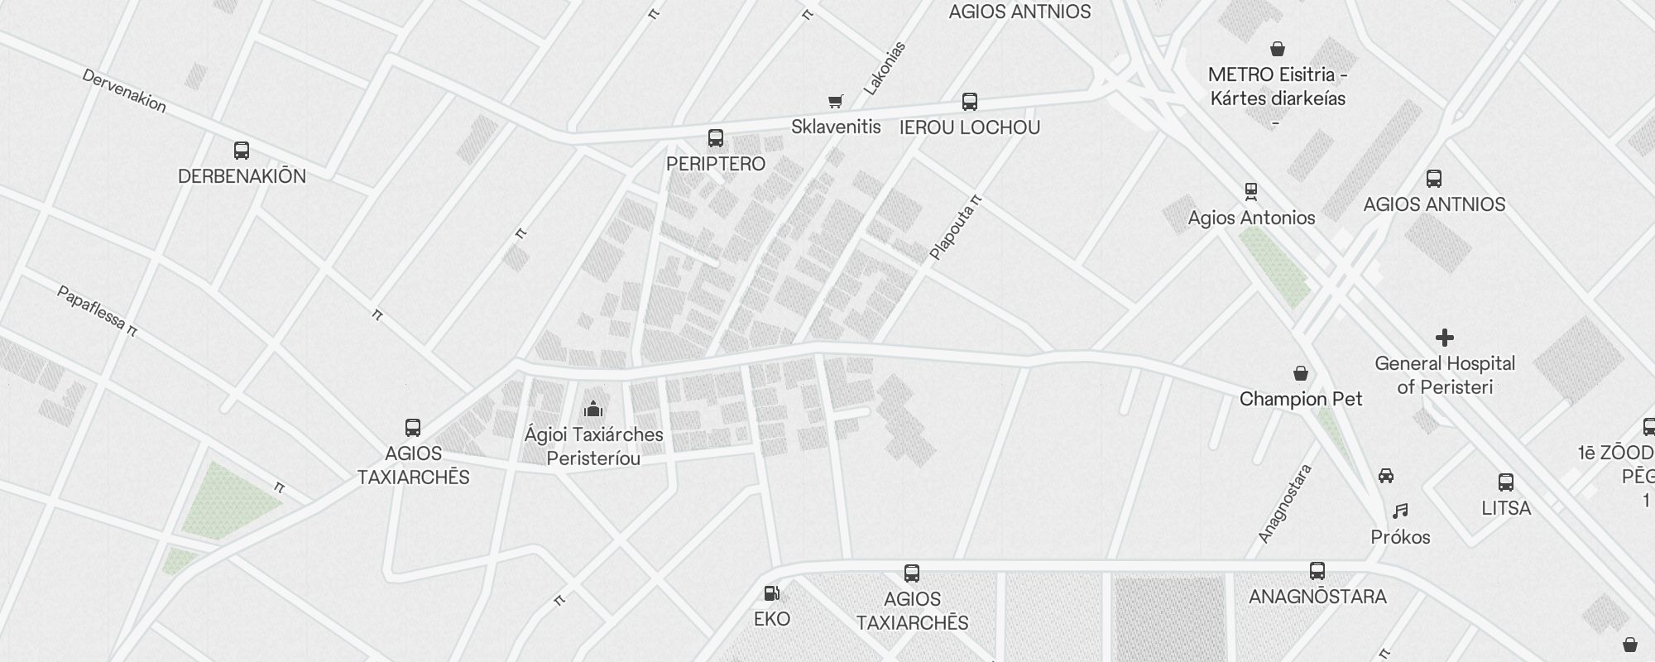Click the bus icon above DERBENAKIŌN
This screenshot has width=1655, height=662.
242,151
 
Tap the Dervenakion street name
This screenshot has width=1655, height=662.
124,90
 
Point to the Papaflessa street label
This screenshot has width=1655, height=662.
97,310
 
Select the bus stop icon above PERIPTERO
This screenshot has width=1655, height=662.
716,138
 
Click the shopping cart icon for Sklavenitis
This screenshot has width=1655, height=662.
836,101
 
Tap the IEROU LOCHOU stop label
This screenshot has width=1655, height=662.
969,127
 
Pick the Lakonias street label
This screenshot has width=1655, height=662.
885,68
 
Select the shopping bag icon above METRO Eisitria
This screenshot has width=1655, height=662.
1278,49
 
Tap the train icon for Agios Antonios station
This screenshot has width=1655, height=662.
1251,192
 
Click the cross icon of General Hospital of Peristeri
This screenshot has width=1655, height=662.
1445,338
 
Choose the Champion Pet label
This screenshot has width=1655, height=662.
1301,399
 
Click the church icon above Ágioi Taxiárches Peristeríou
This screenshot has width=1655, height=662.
593,409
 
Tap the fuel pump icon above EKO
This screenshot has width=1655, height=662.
771,593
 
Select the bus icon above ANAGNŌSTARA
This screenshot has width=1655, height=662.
1317,570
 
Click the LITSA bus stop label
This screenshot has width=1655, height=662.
1506,508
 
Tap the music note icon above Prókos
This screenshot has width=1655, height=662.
1400,511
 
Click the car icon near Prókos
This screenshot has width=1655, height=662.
1386,476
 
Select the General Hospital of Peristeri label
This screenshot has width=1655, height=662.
1445,375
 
